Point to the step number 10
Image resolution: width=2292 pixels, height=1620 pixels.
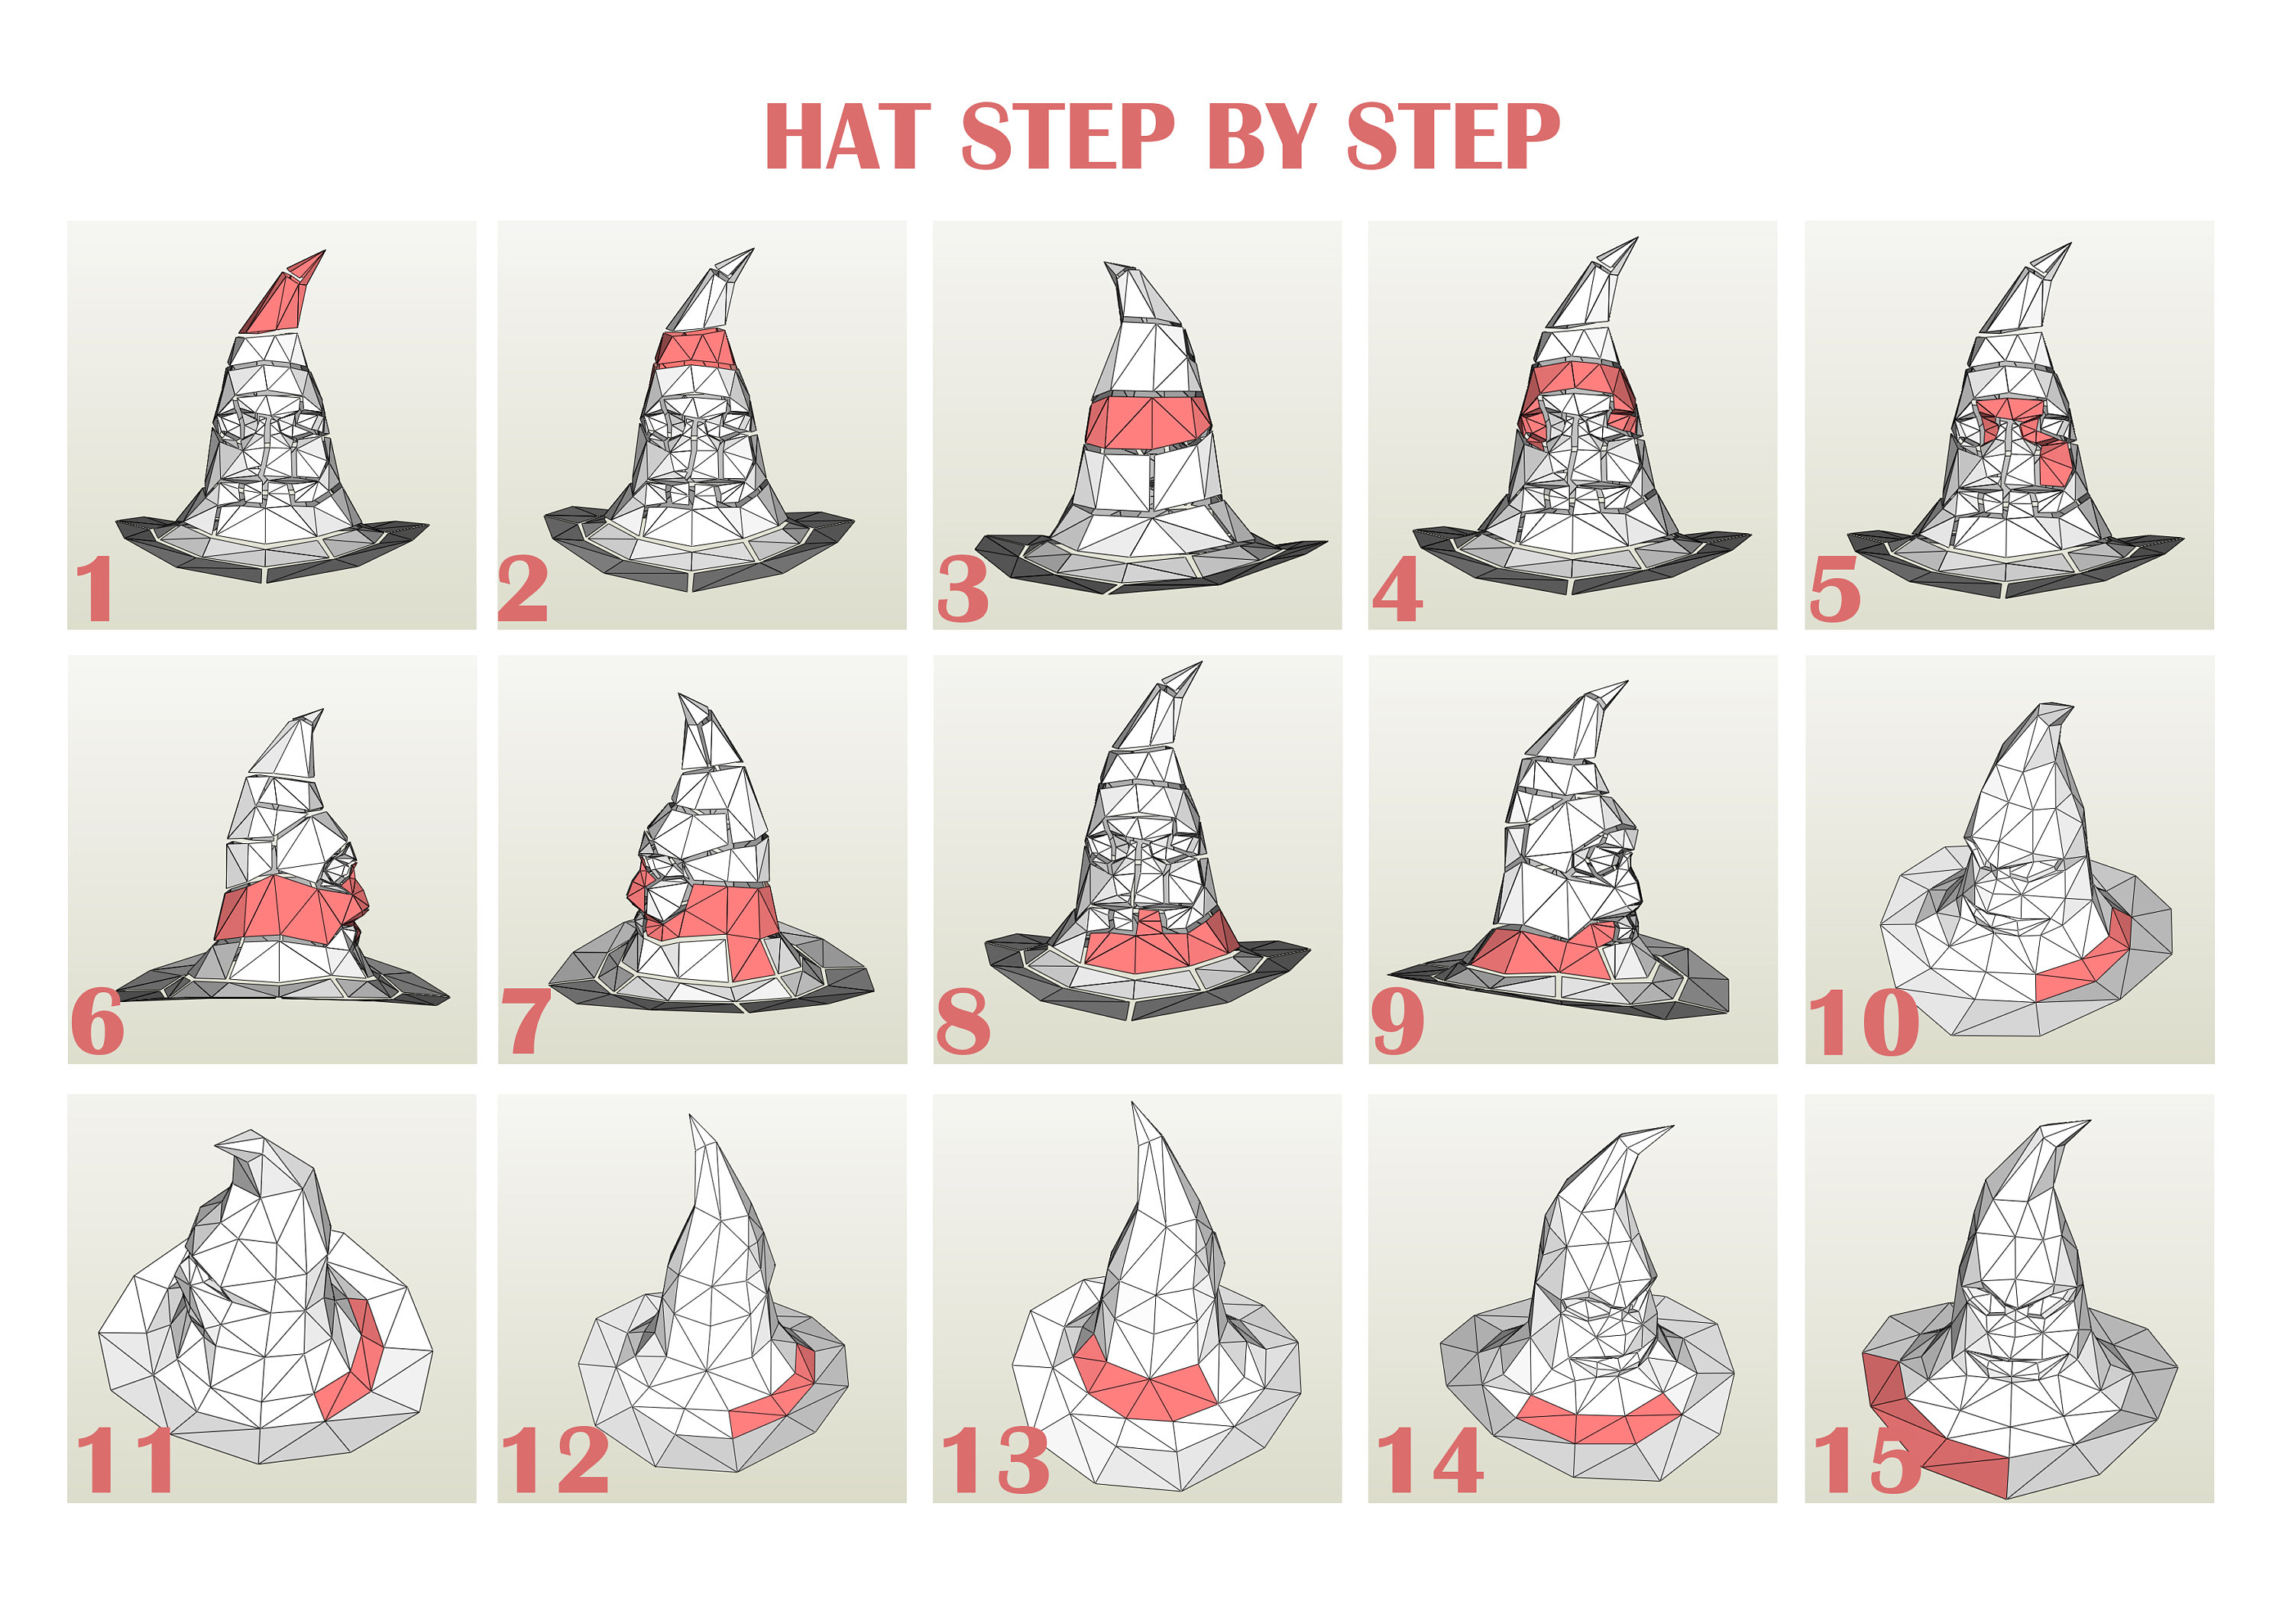(x=1863, y=1023)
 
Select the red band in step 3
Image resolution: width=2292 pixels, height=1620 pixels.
(x=1148, y=420)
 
